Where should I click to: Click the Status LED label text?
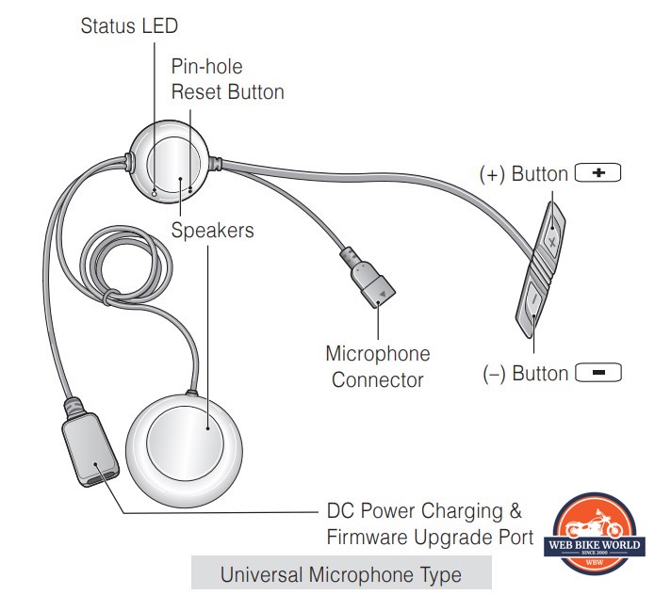129,25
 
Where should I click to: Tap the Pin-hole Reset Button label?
227,79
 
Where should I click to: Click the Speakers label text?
212,230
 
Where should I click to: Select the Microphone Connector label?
377,366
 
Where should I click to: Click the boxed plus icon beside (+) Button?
598,173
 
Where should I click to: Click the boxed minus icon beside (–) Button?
598,373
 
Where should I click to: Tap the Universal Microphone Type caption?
340,573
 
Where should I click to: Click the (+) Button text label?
523,174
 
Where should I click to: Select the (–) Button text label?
525,374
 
